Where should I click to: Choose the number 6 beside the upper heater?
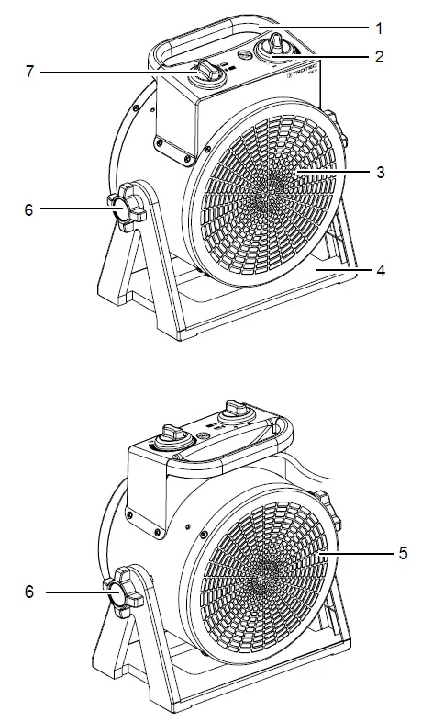point(28,209)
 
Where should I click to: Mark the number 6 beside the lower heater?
point(28,593)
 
